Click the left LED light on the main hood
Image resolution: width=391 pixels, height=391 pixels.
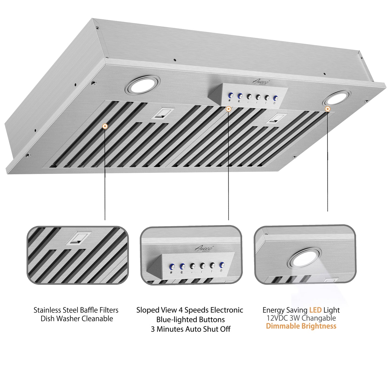142,85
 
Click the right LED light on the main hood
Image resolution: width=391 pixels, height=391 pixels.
336,98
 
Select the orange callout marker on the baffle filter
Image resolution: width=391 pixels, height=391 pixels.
105,126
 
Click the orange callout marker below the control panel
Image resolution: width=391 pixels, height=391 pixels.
229,109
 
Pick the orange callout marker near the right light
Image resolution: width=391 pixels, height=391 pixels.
328,109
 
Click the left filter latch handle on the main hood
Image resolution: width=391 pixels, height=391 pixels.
162,113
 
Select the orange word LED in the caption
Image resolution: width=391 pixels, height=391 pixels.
315,310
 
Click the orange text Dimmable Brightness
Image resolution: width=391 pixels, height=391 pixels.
301,326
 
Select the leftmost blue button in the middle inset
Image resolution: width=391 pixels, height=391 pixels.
172,266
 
